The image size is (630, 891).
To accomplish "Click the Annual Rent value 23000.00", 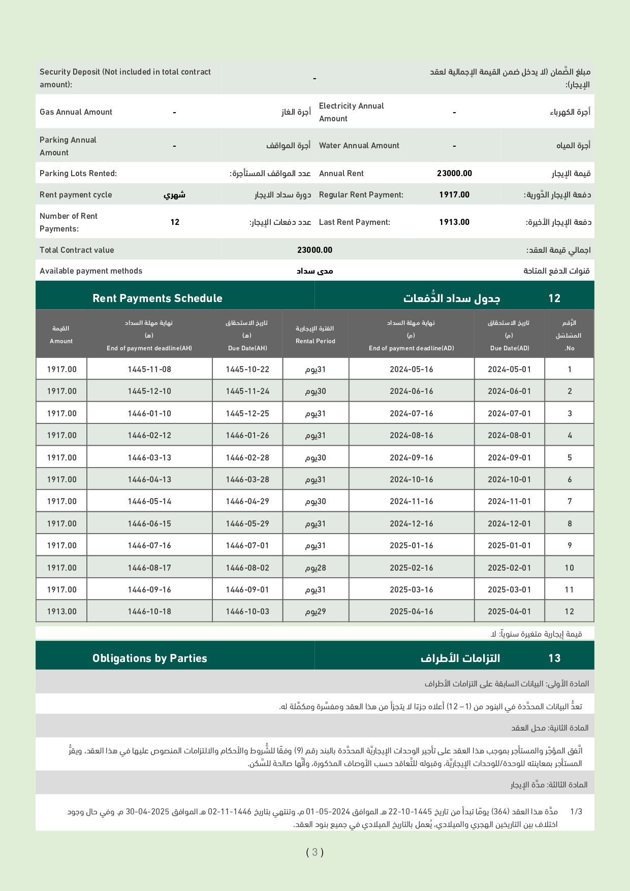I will [x=454, y=174].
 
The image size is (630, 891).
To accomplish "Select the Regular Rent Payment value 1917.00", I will [x=454, y=194].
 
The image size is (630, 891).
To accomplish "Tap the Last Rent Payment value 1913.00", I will [x=454, y=222].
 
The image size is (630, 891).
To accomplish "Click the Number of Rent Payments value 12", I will [x=175, y=222].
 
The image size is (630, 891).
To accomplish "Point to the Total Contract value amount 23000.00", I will [x=314, y=250].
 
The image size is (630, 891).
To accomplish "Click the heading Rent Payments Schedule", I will [x=157, y=299].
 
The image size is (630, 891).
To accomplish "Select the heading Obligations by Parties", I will [x=150, y=658].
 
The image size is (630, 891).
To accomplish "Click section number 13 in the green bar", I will [x=554, y=658].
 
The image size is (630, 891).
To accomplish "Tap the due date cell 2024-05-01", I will [x=509, y=370].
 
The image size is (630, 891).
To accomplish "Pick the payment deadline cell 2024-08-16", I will [x=412, y=436].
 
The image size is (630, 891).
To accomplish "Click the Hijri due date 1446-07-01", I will [x=247, y=546].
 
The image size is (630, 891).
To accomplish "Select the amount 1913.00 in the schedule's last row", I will [x=62, y=612].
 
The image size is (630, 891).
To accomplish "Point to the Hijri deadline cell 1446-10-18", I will [x=149, y=612].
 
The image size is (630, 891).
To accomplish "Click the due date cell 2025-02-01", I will [x=509, y=568].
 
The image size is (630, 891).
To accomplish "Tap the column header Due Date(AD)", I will [x=510, y=348].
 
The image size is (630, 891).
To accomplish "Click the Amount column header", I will [x=61, y=341].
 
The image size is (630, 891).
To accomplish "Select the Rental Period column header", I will [x=316, y=341].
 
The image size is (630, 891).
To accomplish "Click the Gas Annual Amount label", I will [x=76, y=112].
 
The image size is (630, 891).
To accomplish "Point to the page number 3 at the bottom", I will [x=315, y=852].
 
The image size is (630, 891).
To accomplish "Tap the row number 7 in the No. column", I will [x=570, y=502].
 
